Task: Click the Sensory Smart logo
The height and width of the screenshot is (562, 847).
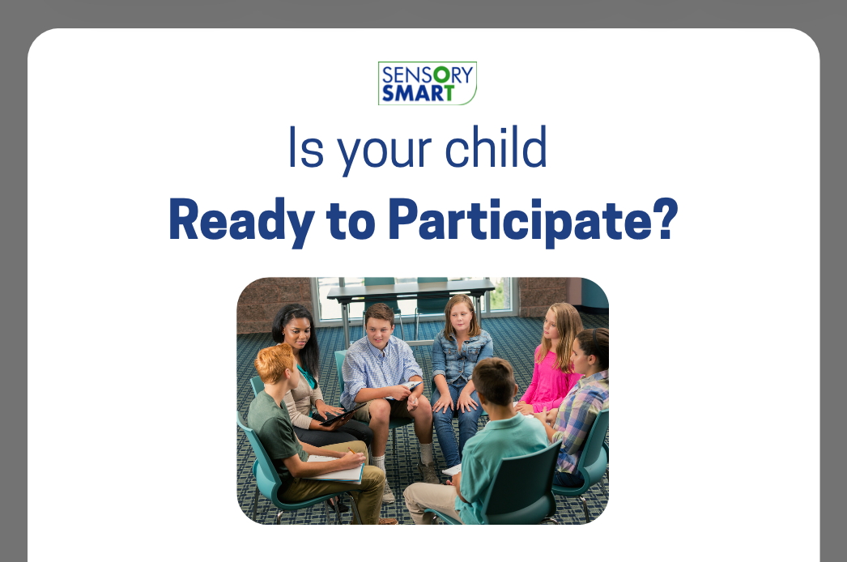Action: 428,83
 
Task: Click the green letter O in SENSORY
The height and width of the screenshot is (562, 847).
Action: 442,75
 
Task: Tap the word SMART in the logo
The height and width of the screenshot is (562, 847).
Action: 418,93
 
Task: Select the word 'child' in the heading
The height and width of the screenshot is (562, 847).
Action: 496,147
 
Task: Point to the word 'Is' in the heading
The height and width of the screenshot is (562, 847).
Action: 306,147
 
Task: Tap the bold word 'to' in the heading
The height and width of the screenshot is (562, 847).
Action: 351,220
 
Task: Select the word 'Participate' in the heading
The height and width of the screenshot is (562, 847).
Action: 520,222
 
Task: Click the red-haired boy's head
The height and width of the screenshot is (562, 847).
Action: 275,364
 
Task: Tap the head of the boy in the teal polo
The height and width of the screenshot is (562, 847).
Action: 494,381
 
